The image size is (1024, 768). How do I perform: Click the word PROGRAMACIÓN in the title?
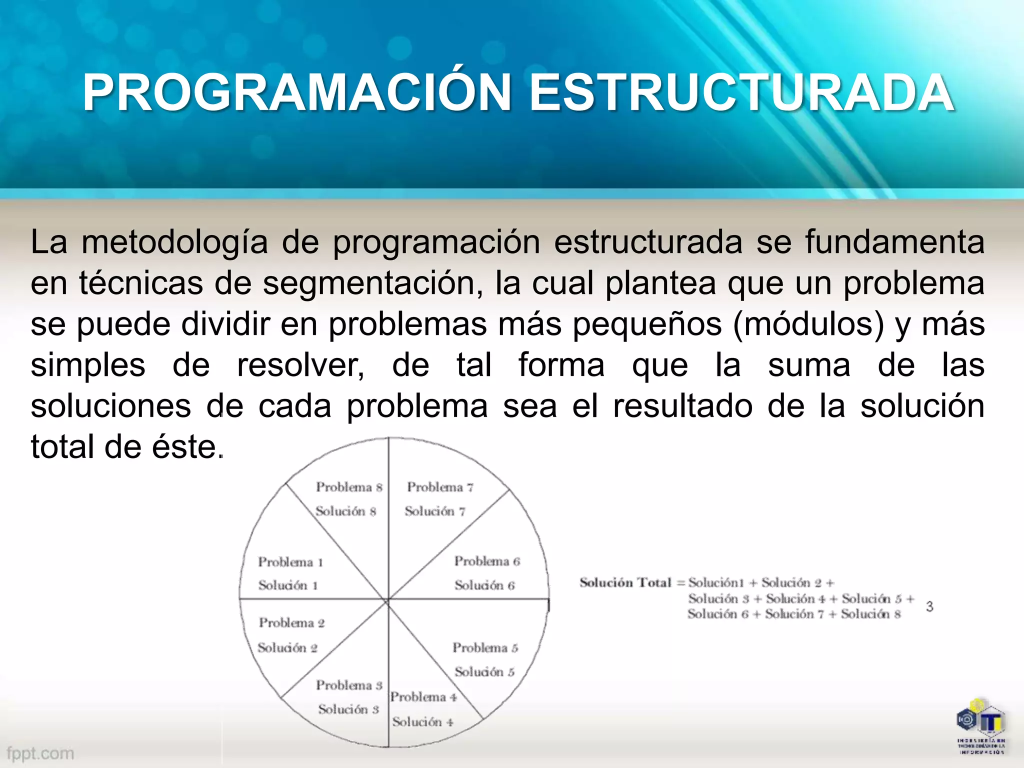tap(296, 93)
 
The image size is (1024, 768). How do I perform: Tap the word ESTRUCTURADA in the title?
tap(741, 93)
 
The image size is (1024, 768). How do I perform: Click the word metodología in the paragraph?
tap(174, 242)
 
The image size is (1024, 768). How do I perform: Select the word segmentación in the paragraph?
tap(373, 283)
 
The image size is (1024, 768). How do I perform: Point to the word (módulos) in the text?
tap(808, 324)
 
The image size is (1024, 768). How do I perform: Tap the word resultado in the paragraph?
tap(682, 405)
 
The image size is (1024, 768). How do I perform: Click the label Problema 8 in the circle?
tap(349, 487)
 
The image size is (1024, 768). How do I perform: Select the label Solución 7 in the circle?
tap(435, 511)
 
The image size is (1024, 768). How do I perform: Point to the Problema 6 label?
tap(487, 561)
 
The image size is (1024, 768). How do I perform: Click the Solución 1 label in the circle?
tap(288, 585)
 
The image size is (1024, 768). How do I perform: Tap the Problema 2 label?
tap(292, 622)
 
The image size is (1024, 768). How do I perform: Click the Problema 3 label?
tap(349, 685)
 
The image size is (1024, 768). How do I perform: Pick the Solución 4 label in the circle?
tap(422, 721)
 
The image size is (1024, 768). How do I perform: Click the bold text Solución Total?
tap(625, 582)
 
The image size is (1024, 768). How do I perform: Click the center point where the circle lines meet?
tap(388, 599)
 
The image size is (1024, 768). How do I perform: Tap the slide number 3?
tap(929, 606)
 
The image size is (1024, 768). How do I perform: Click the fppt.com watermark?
tap(40, 753)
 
